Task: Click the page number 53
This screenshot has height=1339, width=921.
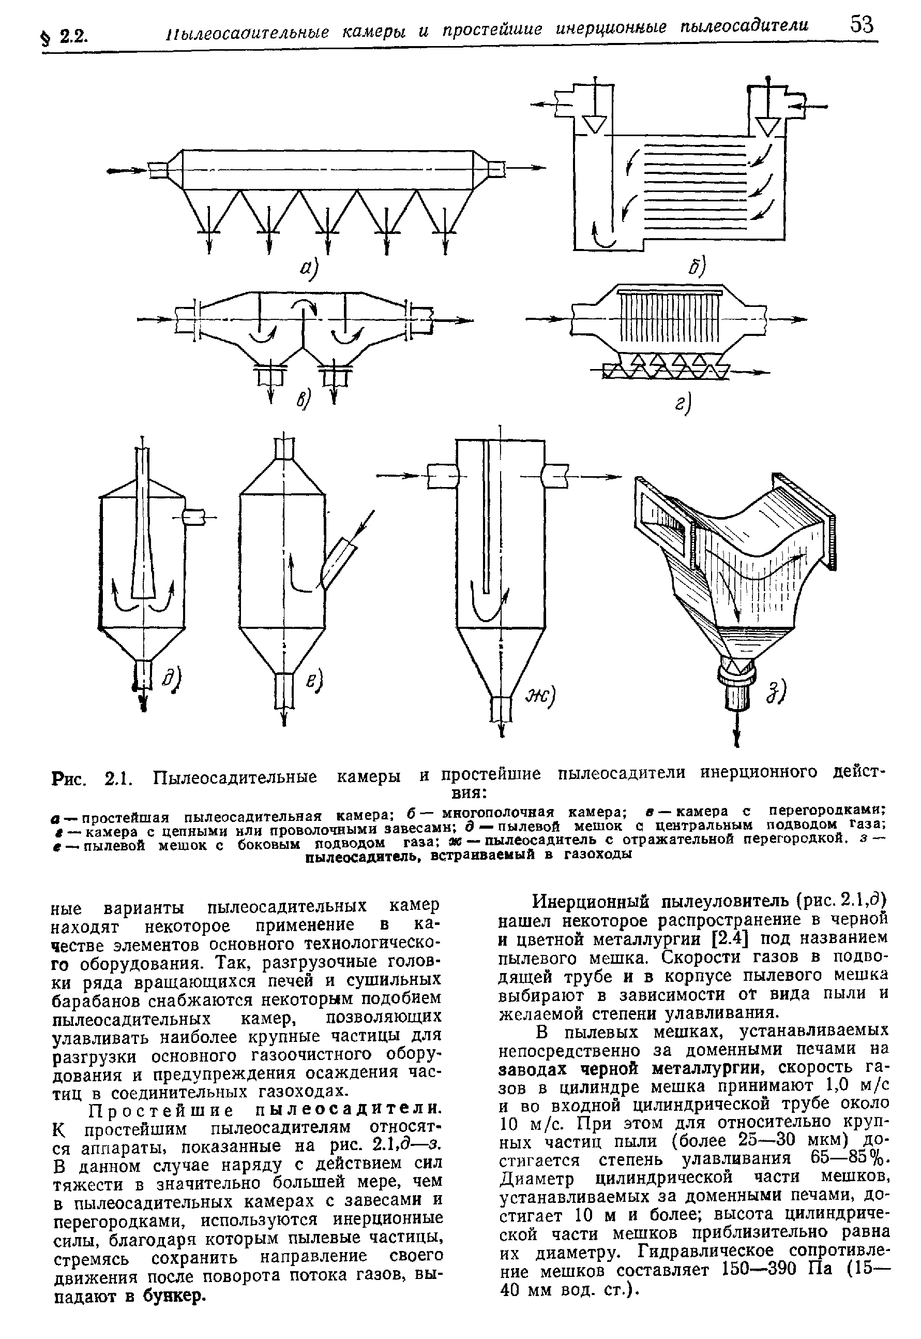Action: click(862, 25)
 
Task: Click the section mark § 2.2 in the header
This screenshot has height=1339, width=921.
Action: click(65, 37)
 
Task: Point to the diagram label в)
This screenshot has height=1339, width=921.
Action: click(304, 399)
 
